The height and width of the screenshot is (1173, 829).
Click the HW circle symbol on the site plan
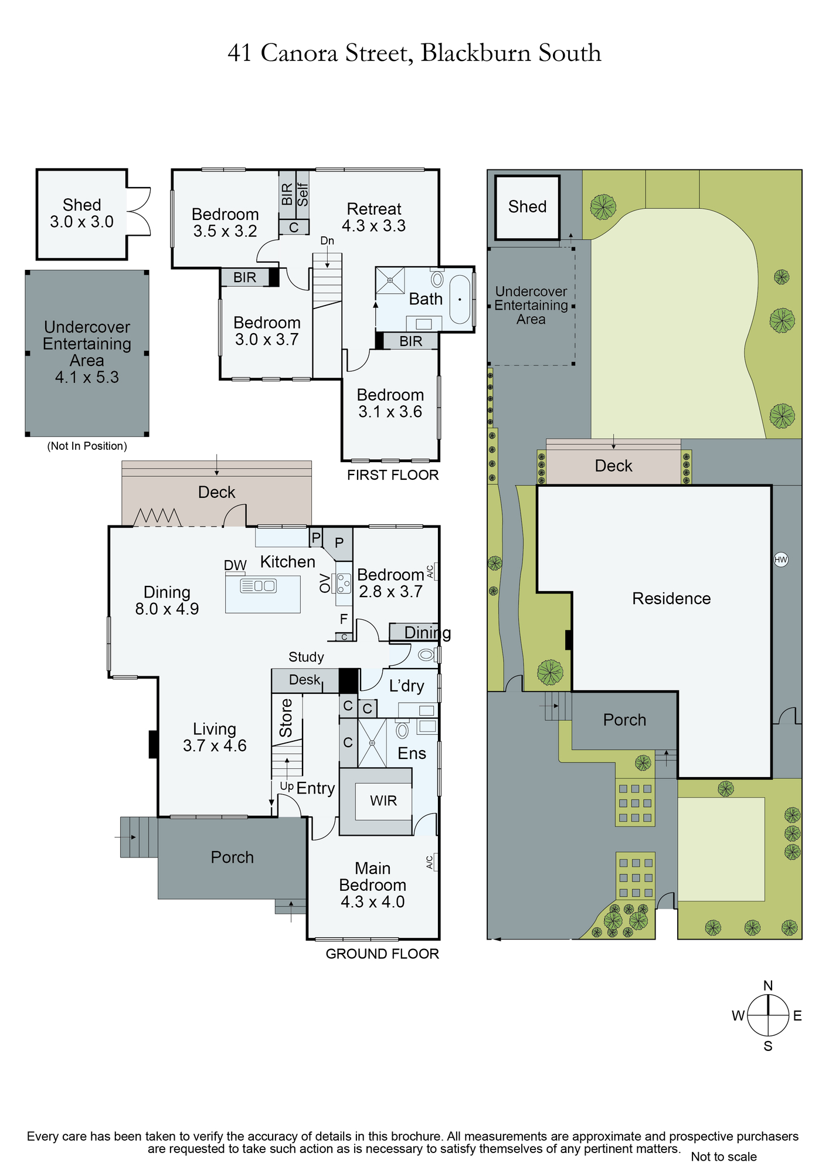pyautogui.click(x=780, y=560)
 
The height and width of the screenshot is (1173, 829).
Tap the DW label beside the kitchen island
pyautogui.click(x=235, y=565)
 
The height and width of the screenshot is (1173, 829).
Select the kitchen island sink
pyautogui.click(x=258, y=585)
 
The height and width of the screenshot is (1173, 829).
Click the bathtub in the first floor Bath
pyautogui.click(x=460, y=299)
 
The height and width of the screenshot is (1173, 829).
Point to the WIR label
pyautogui.click(x=383, y=801)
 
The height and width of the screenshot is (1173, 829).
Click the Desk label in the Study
pyautogui.click(x=305, y=680)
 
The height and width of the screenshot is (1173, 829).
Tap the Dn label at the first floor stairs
pyautogui.click(x=327, y=240)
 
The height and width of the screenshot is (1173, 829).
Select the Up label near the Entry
pyautogui.click(x=287, y=786)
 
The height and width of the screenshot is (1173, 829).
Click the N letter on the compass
pyautogui.click(x=768, y=985)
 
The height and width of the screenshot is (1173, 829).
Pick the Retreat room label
pyautogui.click(x=374, y=209)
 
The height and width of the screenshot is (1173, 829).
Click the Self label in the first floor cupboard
pyautogui.click(x=303, y=195)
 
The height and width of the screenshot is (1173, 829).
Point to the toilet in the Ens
pyautogui.click(x=402, y=730)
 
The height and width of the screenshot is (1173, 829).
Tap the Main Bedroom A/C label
pyautogui.click(x=429, y=862)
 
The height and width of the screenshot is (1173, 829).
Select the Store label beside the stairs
pyautogui.click(x=286, y=718)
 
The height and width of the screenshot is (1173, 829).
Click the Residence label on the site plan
pyautogui.click(x=671, y=598)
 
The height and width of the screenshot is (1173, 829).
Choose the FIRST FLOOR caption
pyautogui.click(x=393, y=475)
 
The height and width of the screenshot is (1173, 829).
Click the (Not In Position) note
pyautogui.click(x=87, y=446)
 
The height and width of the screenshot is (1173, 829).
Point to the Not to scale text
pyautogui.click(x=723, y=1157)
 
